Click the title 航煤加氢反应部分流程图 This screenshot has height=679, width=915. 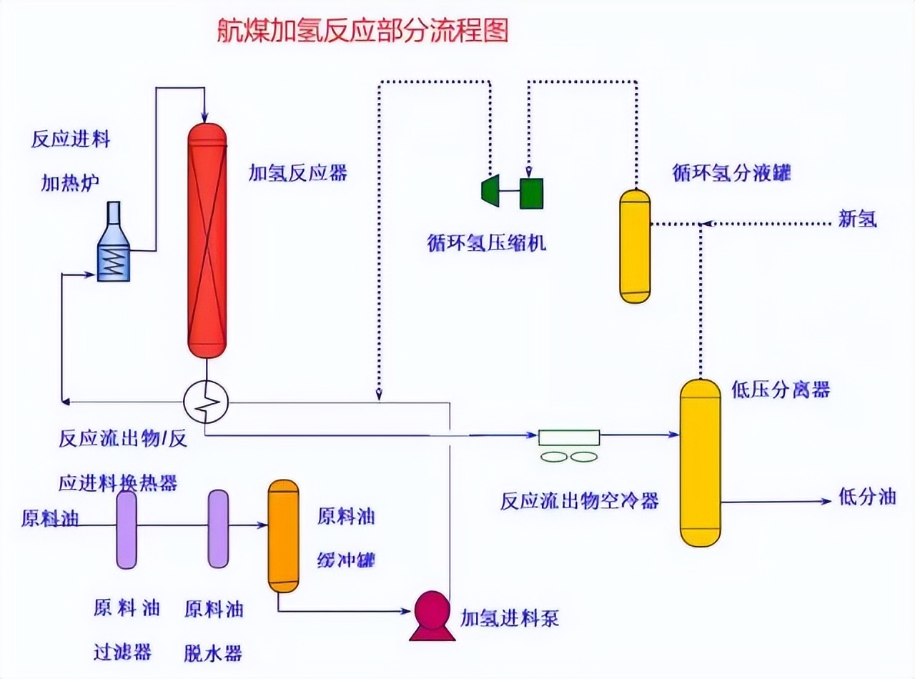point(362,31)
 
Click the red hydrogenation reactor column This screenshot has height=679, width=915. point(207,239)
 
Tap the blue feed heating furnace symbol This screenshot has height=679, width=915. point(114,247)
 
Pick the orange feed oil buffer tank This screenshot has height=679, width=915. point(283,536)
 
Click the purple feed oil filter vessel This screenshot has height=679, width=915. point(127,529)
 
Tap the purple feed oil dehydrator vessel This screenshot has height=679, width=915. point(218,529)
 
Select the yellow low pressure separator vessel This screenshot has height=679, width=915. point(700,462)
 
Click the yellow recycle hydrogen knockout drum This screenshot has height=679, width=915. point(634,246)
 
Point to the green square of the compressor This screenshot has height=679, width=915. point(531,192)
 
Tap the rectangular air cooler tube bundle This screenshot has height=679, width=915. point(569,437)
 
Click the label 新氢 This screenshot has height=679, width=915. point(857,220)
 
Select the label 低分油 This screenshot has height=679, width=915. point(866,497)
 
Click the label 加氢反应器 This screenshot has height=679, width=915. point(297,172)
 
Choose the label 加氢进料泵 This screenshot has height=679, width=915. point(509,618)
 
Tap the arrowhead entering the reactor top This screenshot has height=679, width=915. point(206,115)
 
